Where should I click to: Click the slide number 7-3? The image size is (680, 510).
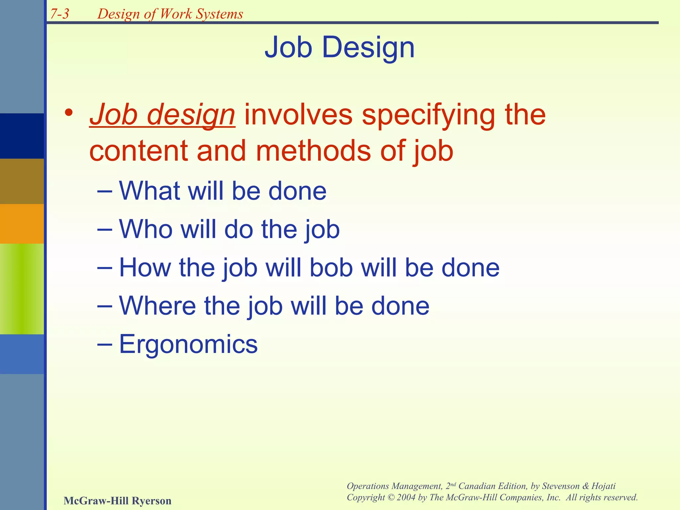[60, 14]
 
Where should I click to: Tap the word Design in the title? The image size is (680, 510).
[368, 47]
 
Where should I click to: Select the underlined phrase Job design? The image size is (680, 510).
[162, 115]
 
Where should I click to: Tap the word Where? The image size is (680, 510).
[157, 306]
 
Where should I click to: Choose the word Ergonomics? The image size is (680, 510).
[188, 344]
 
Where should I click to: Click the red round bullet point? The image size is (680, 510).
[69, 113]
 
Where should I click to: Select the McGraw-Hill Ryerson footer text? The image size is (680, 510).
[117, 500]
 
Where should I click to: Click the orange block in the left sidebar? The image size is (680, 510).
[22, 223]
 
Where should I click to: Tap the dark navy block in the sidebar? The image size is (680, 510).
[22, 136]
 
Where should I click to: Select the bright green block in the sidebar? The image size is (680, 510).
[22, 289]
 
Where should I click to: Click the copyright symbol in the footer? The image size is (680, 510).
[391, 497]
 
